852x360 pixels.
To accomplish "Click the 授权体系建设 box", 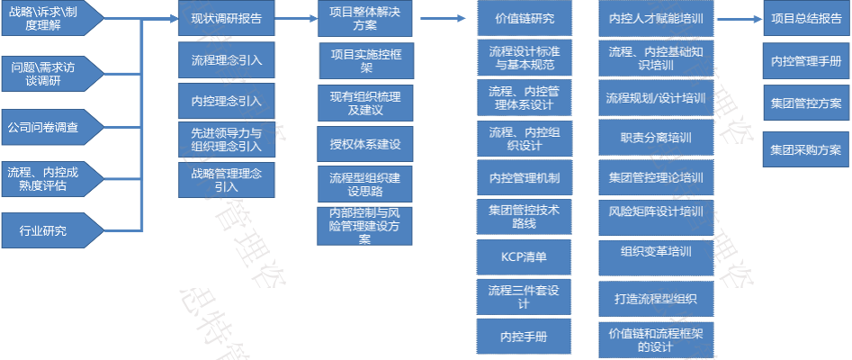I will click(x=365, y=143).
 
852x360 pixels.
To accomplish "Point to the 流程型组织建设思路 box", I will click(x=365, y=184).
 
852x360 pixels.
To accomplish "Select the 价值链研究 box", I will click(x=525, y=18).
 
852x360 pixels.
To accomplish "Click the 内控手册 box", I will click(x=525, y=336).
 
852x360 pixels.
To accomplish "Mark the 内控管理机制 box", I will click(x=525, y=177).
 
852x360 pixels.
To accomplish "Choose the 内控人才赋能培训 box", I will click(x=656, y=18).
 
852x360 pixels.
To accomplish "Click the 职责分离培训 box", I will click(x=656, y=138).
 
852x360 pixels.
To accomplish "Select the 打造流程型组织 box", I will click(x=656, y=296).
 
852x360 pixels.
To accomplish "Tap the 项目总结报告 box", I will click(x=805, y=18).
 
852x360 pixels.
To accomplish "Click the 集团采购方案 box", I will click(x=805, y=148).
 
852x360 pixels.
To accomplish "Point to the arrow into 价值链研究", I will click(x=442, y=18).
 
